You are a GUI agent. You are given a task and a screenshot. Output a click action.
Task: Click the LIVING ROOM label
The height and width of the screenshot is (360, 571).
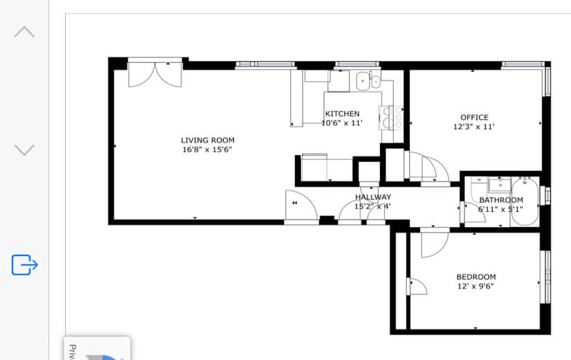click(x=208, y=140)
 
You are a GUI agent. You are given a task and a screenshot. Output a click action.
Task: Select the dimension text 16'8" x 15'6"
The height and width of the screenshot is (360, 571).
click(x=208, y=150)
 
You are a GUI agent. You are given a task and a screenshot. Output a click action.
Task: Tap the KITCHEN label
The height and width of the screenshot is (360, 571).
click(x=342, y=114)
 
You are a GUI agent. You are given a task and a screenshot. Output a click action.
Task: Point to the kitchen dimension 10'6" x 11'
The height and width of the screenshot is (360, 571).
click(x=342, y=123)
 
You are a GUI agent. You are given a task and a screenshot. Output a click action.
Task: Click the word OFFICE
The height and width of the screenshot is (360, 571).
click(x=474, y=118)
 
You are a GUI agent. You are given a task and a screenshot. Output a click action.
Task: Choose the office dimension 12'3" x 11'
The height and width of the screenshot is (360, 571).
click(x=474, y=127)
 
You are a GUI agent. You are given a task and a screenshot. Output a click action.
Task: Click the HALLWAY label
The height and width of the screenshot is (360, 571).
click(x=373, y=197)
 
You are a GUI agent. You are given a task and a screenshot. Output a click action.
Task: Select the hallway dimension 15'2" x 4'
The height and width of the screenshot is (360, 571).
click(x=373, y=206)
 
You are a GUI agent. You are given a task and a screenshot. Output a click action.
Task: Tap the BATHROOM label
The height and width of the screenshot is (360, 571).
click(x=500, y=200)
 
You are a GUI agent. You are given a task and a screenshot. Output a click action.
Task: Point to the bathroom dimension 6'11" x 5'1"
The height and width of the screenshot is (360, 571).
click(x=500, y=209)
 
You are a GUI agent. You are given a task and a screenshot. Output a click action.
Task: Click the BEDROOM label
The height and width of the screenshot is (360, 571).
click(x=475, y=277)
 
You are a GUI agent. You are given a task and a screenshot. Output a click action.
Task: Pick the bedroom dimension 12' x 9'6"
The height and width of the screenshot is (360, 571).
click(x=475, y=286)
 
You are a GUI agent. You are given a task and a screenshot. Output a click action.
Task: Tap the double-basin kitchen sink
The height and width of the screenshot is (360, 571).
click(x=368, y=82)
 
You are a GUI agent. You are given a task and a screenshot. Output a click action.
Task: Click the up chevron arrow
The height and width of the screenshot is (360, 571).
click(x=24, y=32)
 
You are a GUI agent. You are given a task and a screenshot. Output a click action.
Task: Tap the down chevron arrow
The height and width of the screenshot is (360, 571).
click(x=24, y=150)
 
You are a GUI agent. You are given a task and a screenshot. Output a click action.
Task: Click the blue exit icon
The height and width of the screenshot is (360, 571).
click(x=24, y=264)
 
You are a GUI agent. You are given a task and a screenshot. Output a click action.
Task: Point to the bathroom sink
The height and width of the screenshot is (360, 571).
click(x=498, y=186)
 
